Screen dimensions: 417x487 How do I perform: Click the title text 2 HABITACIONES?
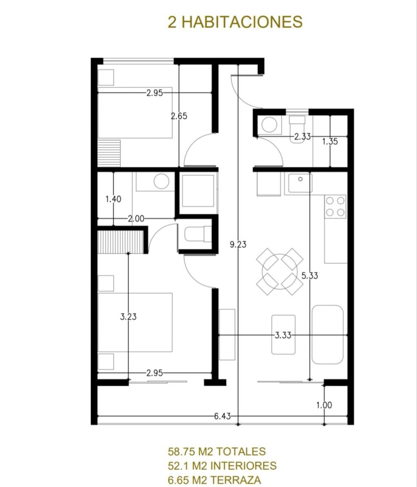[235, 22]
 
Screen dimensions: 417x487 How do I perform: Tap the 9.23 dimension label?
[238, 244]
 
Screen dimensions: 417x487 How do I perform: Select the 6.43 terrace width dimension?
[222, 416]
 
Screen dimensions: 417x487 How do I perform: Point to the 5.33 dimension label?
[309, 275]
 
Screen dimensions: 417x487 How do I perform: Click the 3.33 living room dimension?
[283, 335]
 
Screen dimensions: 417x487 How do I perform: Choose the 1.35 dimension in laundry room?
[330, 142]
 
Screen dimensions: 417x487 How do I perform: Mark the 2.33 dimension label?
[302, 137]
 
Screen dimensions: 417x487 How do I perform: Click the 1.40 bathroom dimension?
[113, 199]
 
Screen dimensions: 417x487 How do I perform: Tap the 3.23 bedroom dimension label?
[128, 317]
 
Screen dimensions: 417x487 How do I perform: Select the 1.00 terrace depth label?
[324, 405]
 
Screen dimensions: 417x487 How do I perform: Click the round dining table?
[280, 271]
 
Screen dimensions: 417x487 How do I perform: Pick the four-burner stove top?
[335, 206]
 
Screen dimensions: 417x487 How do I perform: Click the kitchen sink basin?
[300, 183]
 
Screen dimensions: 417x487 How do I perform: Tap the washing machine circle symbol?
[269, 125]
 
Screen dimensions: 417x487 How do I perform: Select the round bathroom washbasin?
[161, 181]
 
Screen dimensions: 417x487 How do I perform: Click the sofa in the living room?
[328, 334]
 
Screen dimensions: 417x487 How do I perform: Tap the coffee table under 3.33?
[283, 334]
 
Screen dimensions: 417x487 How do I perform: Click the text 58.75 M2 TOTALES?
[217, 451]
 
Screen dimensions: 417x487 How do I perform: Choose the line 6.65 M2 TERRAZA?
[214, 480]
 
